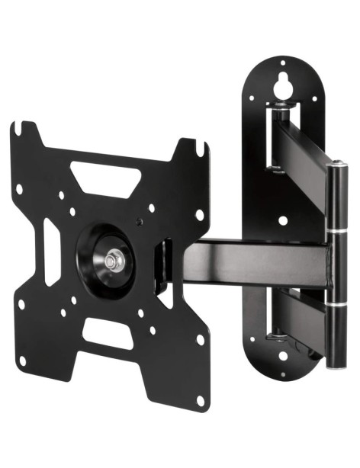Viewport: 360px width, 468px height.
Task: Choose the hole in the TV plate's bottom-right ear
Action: [x=200, y=400]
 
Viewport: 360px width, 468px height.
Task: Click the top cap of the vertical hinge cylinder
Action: [x=335, y=165]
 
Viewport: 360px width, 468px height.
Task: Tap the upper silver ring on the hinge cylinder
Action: [x=336, y=229]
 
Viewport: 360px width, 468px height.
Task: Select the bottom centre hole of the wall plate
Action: [x=282, y=355]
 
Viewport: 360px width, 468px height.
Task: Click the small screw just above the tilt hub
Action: [x=140, y=222]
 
